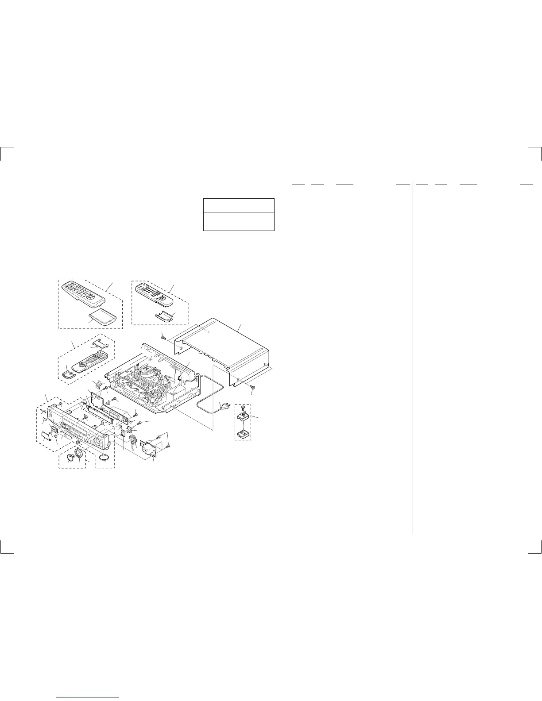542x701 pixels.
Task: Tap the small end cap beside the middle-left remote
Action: point(68,374)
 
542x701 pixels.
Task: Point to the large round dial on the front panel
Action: point(94,440)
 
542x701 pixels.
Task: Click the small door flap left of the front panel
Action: point(46,436)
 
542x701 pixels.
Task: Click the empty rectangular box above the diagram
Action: point(239,215)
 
